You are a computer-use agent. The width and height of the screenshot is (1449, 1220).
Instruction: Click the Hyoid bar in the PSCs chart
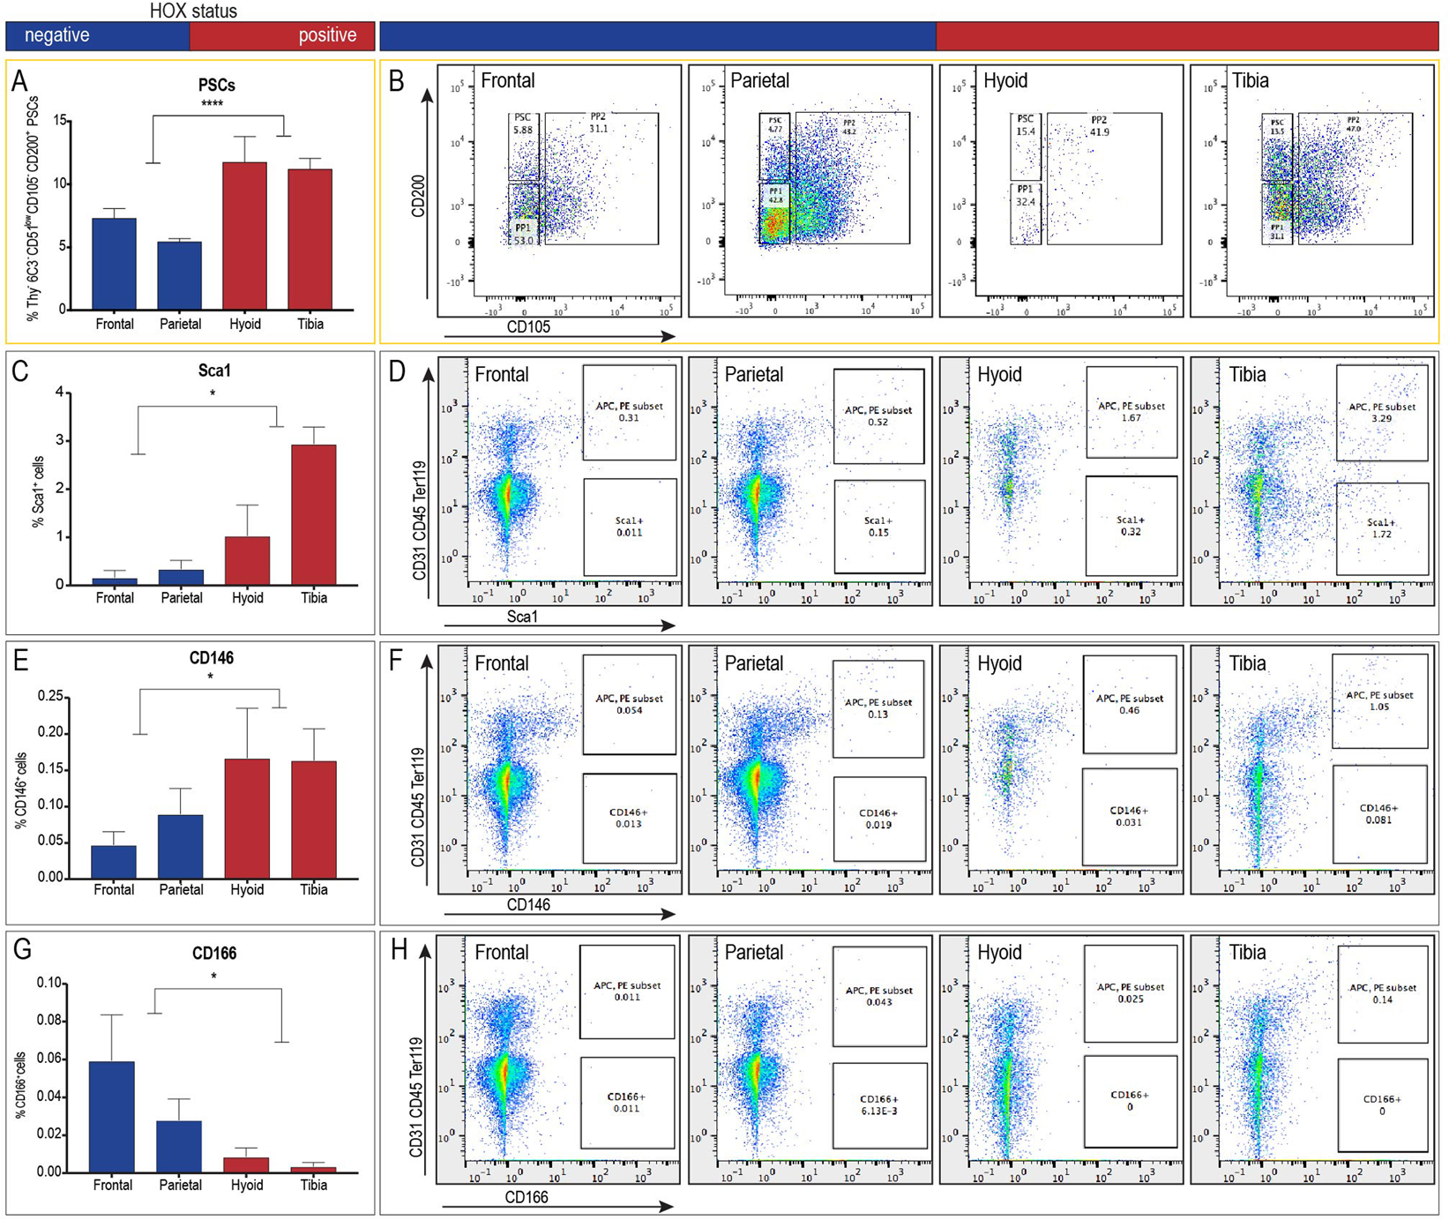[244, 236]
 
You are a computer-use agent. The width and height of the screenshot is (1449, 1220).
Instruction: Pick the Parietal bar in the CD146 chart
[180, 846]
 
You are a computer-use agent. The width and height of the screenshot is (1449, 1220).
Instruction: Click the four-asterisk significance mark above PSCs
[212, 104]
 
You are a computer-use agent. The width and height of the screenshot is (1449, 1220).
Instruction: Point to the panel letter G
[23, 950]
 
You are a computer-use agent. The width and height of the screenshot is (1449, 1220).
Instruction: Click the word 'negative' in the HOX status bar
[56, 35]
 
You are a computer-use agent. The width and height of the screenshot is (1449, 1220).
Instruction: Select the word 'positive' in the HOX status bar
[327, 35]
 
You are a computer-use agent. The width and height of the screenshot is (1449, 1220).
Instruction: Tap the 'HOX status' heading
[193, 11]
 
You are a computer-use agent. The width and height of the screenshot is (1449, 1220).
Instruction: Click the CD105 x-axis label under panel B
[528, 327]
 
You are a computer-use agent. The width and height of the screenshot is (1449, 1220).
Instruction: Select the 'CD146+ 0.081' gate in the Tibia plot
[1379, 813]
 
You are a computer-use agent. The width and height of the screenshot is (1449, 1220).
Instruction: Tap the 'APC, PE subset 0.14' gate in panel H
[1382, 993]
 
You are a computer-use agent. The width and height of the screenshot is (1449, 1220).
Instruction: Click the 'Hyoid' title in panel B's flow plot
[1005, 81]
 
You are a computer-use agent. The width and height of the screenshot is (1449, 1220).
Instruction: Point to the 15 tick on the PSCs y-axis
[59, 121]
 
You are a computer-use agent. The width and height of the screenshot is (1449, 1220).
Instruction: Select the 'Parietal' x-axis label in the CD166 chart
[180, 1185]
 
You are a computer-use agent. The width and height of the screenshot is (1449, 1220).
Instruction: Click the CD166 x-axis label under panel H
[526, 1197]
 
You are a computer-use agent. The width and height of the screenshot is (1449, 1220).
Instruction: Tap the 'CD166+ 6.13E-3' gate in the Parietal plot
[879, 1104]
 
